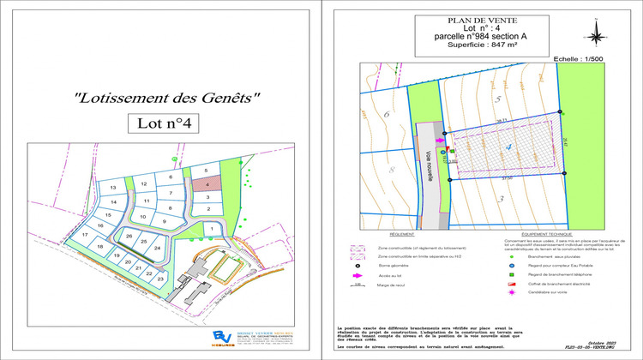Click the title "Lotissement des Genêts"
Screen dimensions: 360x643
(165, 98)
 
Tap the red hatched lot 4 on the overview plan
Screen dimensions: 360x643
(207, 183)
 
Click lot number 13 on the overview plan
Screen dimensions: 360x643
(112, 188)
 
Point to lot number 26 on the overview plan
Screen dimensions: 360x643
(129, 236)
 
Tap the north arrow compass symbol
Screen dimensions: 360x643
(596, 32)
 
